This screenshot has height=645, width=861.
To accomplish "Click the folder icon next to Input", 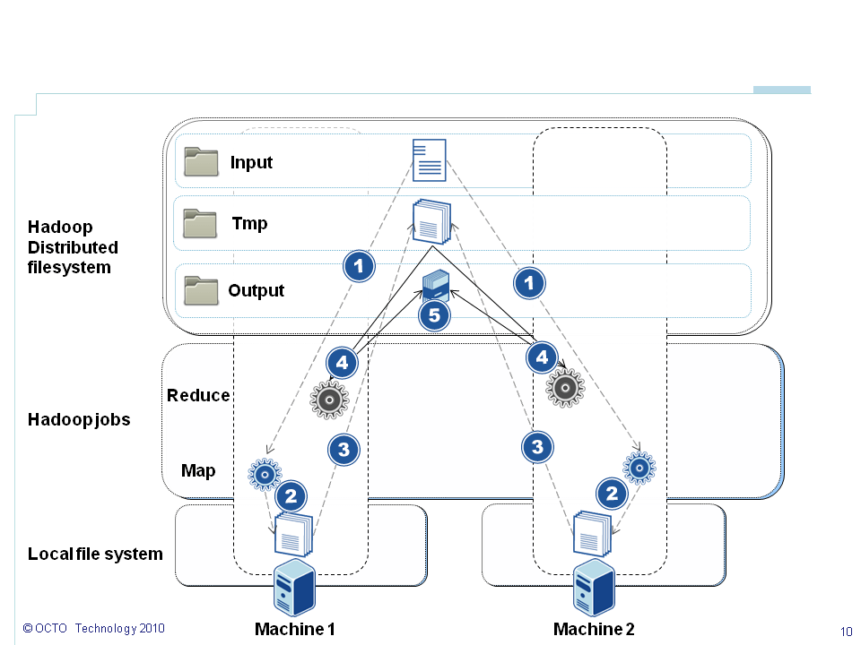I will [x=201, y=162].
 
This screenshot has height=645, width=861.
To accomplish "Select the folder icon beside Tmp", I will [x=200, y=223].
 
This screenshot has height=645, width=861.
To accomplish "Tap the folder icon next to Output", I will [x=201, y=290].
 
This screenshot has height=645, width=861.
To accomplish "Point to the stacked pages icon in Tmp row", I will [x=431, y=221].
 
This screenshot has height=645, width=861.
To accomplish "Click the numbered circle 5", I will [x=434, y=314].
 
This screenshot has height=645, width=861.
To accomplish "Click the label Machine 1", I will [x=295, y=629].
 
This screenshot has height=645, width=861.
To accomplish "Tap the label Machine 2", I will [x=594, y=629].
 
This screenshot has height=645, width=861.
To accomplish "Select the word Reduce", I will [x=198, y=396].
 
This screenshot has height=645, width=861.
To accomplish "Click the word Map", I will [x=198, y=470].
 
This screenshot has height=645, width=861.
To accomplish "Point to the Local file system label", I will [x=95, y=554].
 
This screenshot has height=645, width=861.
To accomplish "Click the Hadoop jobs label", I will [x=79, y=419].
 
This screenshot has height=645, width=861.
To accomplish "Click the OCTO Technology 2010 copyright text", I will [x=93, y=629].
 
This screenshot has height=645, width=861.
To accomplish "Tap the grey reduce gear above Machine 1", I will [x=328, y=399].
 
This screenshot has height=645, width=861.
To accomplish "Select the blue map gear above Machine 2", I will [x=639, y=468].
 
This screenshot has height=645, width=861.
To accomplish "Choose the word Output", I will [x=257, y=291].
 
